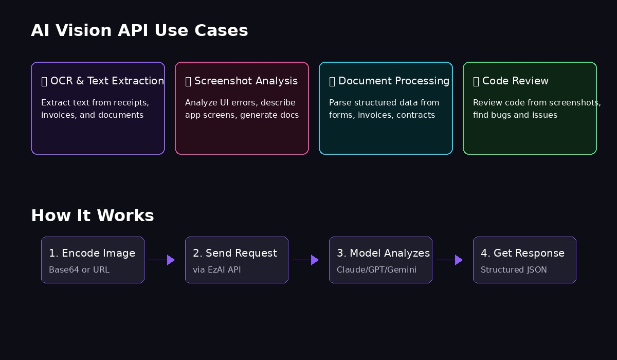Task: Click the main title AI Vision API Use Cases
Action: pyautogui.click(x=139, y=30)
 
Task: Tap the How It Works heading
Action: pyautogui.click(x=93, y=215)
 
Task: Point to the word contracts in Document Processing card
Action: pyautogui.click(x=415, y=115)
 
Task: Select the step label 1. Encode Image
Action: pyautogui.click(x=92, y=253)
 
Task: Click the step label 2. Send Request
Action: pyautogui.click(x=235, y=253)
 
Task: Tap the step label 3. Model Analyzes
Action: pyautogui.click(x=383, y=253)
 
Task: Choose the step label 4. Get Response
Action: pyautogui.click(x=522, y=253)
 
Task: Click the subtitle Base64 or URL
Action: pyautogui.click(x=79, y=269)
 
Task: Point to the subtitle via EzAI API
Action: pyautogui.click(x=216, y=269)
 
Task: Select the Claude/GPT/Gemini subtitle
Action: pyautogui.click(x=376, y=269)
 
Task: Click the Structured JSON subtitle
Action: pyautogui.click(x=514, y=269)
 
